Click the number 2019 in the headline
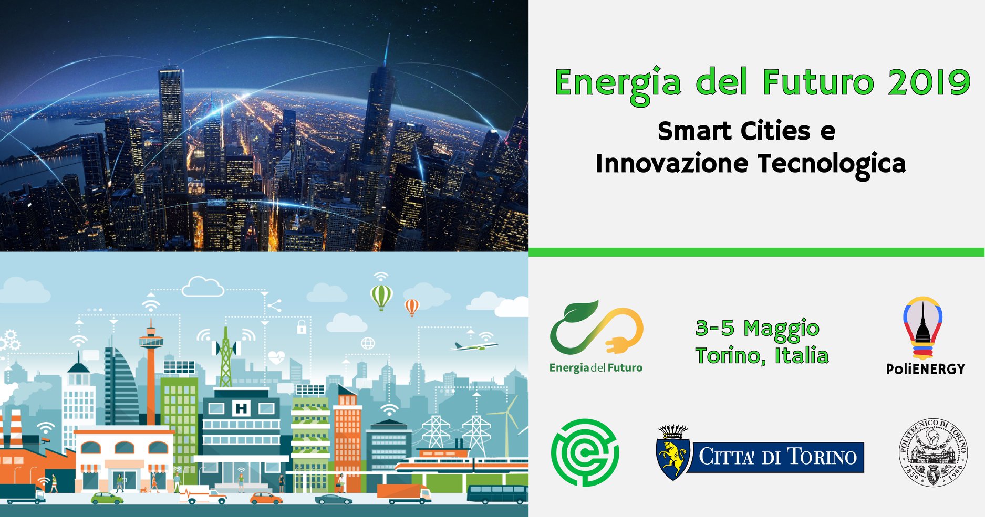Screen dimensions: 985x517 [928, 82]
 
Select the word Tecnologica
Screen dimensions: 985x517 [832, 164]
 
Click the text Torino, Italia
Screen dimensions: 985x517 [762, 356]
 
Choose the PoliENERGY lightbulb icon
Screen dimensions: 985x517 [923, 328]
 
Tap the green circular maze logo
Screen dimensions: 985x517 [585, 452]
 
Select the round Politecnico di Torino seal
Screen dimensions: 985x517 [932, 452]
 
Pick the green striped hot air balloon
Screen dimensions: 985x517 [381, 297]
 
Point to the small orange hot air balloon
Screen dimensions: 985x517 [411, 307]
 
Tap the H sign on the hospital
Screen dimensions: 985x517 [241, 408]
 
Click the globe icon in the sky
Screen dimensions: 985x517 [368, 343]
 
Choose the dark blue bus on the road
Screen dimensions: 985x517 [497, 494]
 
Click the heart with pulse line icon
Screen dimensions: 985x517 [276, 357]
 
